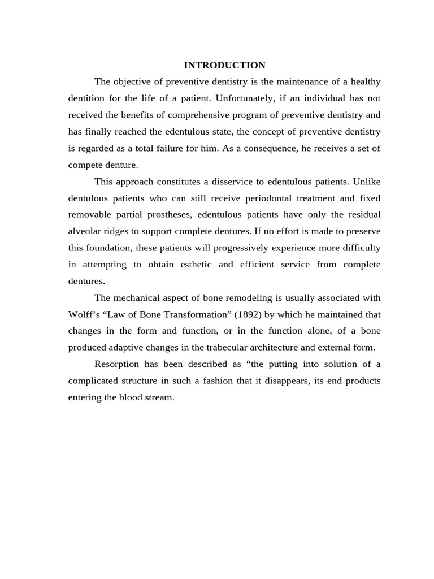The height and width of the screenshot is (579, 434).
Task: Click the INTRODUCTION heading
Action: pos(224,65)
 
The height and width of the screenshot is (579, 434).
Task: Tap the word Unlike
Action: pos(367,182)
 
